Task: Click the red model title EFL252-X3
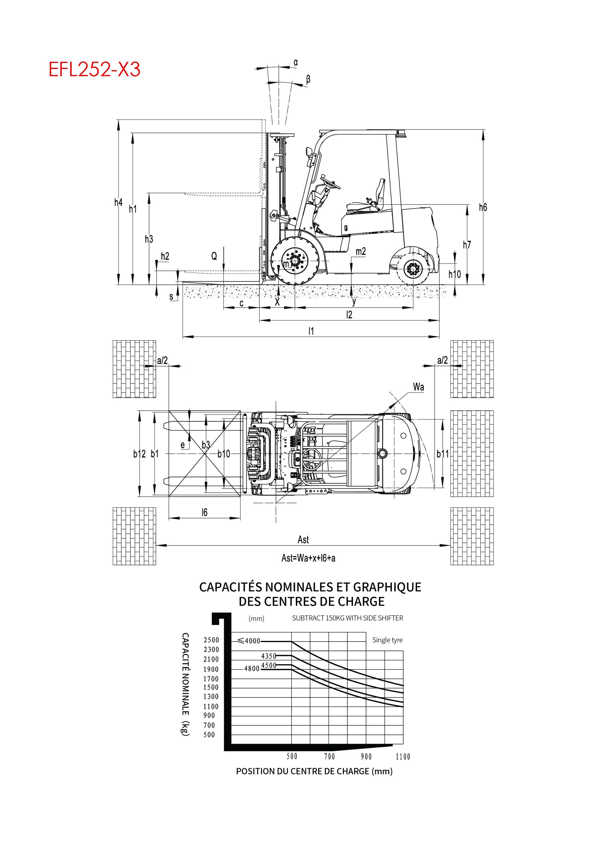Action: (94, 69)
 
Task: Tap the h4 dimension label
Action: (118, 202)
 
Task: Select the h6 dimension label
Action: (483, 207)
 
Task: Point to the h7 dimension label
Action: (467, 245)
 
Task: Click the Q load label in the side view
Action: (214, 256)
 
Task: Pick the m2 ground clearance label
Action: (361, 251)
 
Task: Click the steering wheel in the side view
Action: (330, 182)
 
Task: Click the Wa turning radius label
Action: (418, 387)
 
